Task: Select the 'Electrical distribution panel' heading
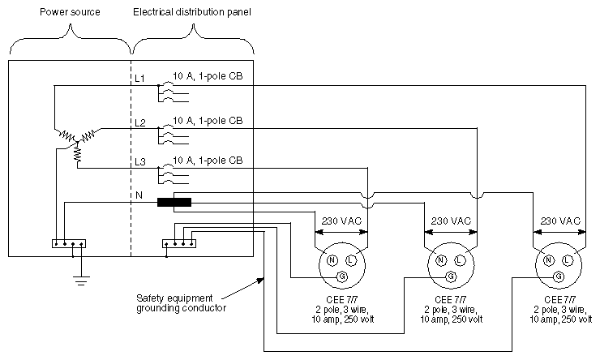coord(191,14)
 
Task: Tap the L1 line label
coord(139,78)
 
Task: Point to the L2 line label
coord(139,122)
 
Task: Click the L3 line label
coord(139,162)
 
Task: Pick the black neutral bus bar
coord(174,202)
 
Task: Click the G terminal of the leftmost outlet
coord(340,276)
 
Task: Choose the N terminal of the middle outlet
coord(440,260)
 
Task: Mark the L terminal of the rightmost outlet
coord(568,260)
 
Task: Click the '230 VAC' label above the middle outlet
coord(450,221)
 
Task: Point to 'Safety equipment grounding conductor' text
coord(180,302)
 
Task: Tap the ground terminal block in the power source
coord(67,242)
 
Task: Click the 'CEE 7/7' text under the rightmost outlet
coord(559,299)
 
